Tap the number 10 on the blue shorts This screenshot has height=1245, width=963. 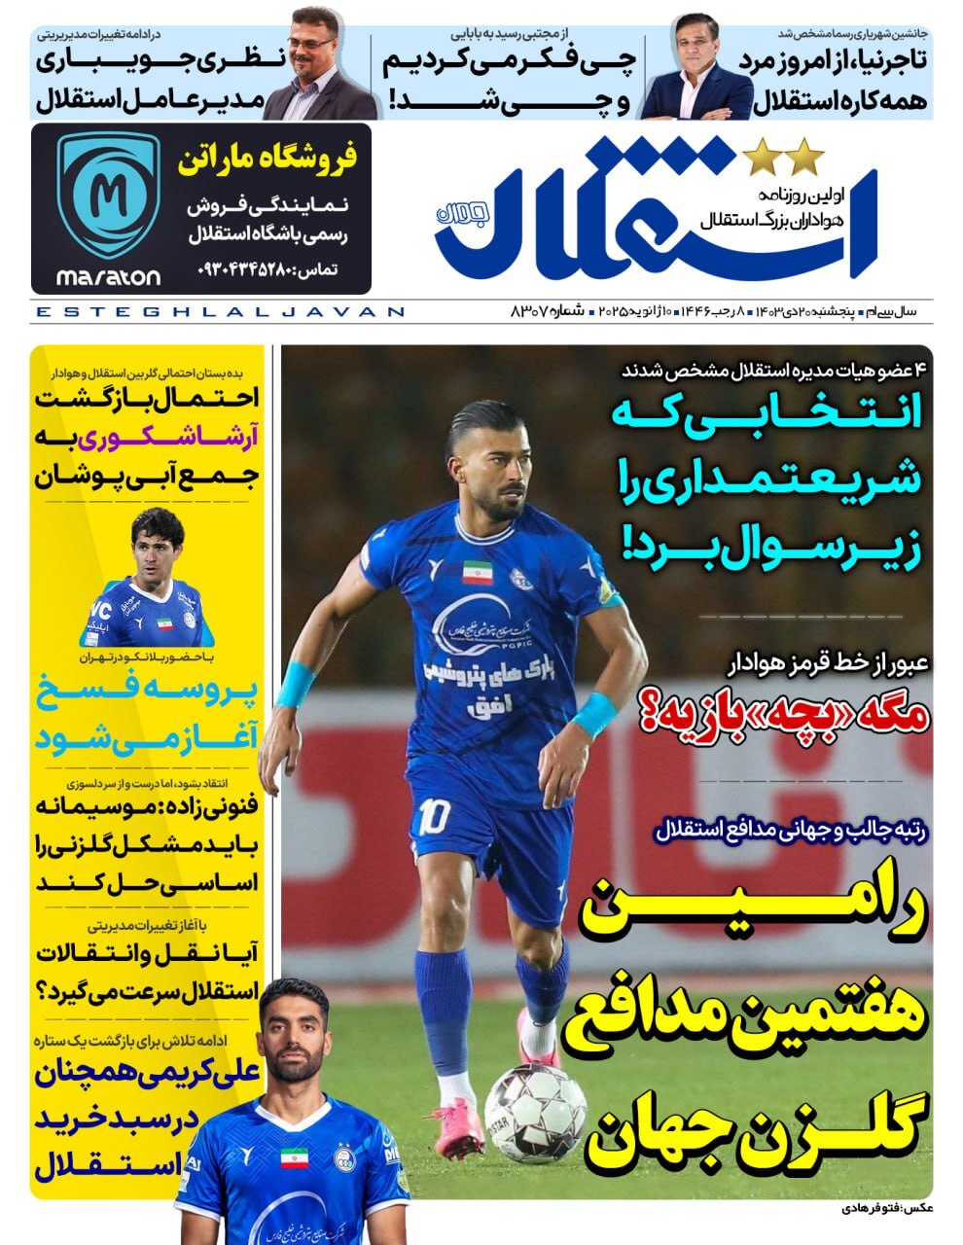431,816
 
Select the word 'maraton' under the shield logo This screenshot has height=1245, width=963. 108,277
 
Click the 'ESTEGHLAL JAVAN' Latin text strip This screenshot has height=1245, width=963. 219,312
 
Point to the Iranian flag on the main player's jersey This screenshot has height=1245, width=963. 476,571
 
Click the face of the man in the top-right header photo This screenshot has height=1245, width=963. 696,49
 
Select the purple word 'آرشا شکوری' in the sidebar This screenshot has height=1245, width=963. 159,438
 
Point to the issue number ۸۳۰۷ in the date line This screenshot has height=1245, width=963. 531,311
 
